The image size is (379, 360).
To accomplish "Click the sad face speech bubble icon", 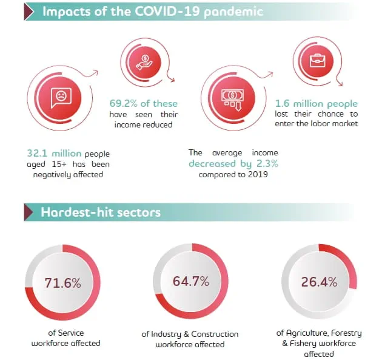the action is pos(61,98).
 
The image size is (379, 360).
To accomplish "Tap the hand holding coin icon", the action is pos(144,62).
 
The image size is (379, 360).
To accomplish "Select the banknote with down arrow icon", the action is pos(233,100).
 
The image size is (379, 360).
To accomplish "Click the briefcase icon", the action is pos(318,61).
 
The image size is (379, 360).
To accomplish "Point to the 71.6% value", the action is pos(63,283).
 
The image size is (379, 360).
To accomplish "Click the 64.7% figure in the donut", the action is pos(191,281).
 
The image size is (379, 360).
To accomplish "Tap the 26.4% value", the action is pos(320,282).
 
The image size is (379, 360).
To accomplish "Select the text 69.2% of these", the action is pos(144,104).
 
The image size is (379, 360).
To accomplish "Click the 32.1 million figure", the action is pos(54,154).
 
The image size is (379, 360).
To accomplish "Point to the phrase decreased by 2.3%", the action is pos(233,164).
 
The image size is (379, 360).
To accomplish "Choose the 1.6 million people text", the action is pos(317,104).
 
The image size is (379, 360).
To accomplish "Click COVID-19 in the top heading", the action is pos(167,11).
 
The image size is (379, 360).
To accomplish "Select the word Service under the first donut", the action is pos(71,333).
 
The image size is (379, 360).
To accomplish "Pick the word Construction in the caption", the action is pos(215,334).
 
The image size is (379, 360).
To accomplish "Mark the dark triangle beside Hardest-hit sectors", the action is pos(29,212).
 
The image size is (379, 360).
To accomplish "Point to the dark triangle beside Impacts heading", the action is pos(29,12).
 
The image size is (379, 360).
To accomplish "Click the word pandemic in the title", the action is pos(233,12).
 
